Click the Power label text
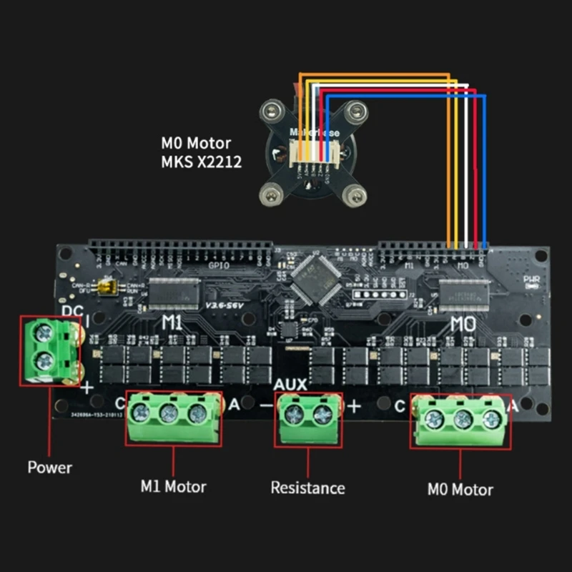[x=49, y=468]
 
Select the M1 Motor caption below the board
[x=173, y=487]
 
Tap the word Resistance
[x=307, y=488]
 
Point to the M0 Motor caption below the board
[x=460, y=490]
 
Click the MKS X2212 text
[x=202, y=162]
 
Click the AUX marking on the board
[x=290, y=385]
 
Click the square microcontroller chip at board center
[x=312, y=277]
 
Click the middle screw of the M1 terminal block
[x=169, y=413]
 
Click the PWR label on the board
[x=531, y=280]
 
